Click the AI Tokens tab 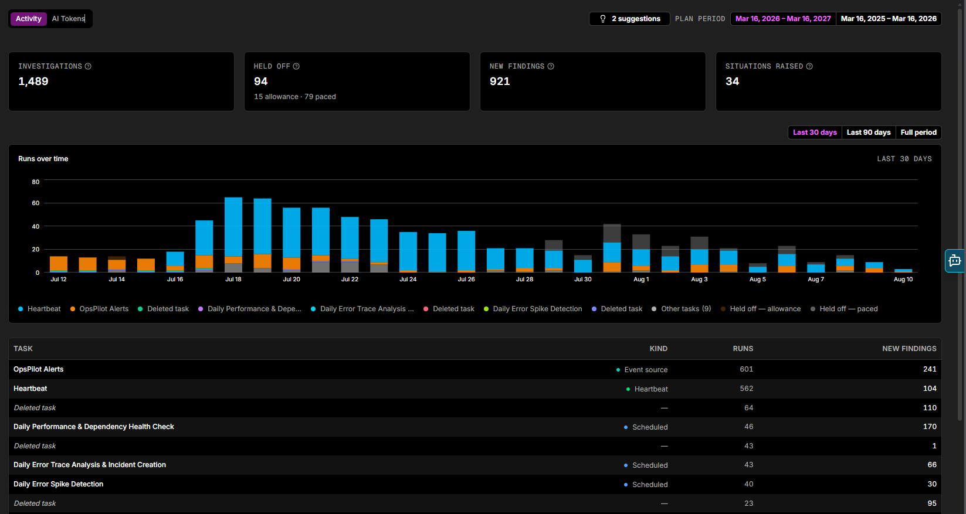pyautogui.click(x=68, y=19)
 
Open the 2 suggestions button pyautogui.click(x=629, y=19)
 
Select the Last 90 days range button pyautogui.click(x=869, y=132)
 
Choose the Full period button pyautogui.click(x=918, y=132)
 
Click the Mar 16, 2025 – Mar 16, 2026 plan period pyautogui.click(x=889, y=19)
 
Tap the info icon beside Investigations pyautogui.click(x=88, y=66)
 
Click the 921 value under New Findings pyautogui.click(x=500, y=81)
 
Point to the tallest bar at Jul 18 pyautogui.click(x=233, y=235)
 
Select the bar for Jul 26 pyautogui.click(x=466, y=251)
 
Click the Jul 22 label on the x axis pyautogui.click(x=350, y=279)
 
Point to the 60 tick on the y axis pyautogui.click(x=35, y=203)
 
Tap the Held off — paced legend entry pyautogui.click(x=844, y=309)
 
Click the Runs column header pyautogui.click(x=743, y=349)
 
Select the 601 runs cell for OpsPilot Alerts pyautogui.click(x=747, y=369)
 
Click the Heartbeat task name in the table pyautogui.click(x=30, y=389)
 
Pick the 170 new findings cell pyautogui.click(x=930, y=427)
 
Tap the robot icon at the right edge pyautogui.click(x=954, y=261)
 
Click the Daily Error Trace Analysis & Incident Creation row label pyautogui.click(x=90, y=465)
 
